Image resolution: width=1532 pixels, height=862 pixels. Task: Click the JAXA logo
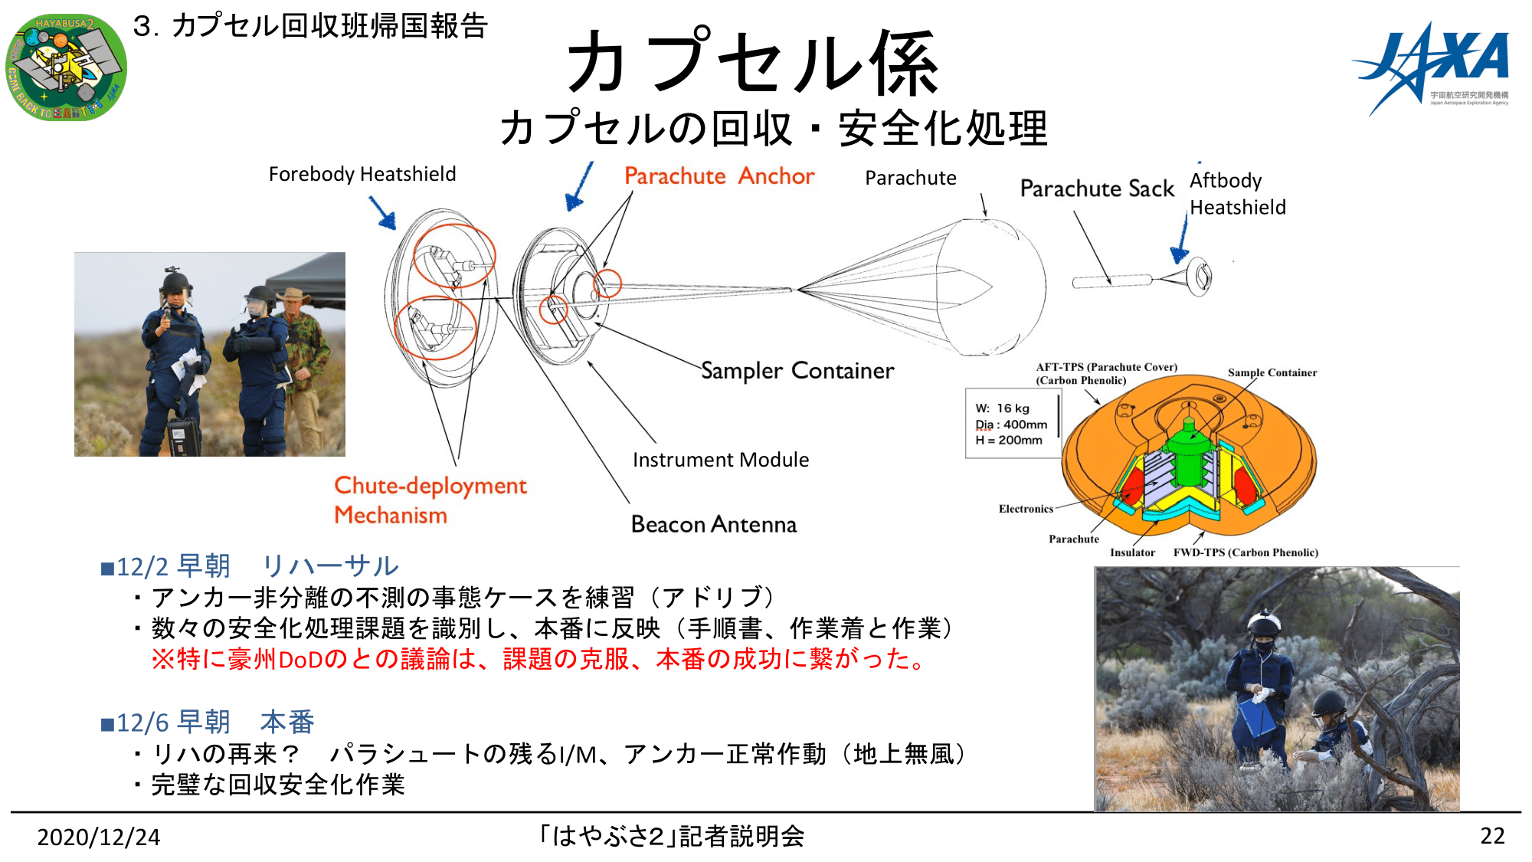click(x=1431, y=69)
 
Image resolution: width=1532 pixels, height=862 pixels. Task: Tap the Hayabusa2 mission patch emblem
click(x=66, y=67)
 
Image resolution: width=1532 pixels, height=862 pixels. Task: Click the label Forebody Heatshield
click(x=362, y=175)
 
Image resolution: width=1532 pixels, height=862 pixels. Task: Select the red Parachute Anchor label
click(x=719, y=176)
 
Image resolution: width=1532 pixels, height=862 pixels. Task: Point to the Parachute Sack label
click(x=1097, y=188)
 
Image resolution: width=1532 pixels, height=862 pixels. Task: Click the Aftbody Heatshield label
click(x=1237, y=194)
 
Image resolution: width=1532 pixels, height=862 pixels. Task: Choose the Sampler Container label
click(x=797, y=371)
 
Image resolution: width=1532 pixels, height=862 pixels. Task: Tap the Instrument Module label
click(x=721, y=460)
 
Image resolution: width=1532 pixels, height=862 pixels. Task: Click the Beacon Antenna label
click(x=714, y=524)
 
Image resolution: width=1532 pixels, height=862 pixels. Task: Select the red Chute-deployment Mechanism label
click(x=430, y=500)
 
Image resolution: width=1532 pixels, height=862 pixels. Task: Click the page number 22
click(x=1492, y=835)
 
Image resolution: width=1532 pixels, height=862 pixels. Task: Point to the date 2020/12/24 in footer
click(x=99, y=837)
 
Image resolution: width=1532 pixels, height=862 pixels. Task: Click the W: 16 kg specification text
click(x=1003, y=408)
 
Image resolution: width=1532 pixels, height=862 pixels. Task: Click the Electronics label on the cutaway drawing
click(x=1026, y=509)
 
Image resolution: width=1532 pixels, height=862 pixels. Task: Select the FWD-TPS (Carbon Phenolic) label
click(x=1246, y=552)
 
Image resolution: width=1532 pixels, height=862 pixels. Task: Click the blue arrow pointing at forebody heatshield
click(x=382, y=212)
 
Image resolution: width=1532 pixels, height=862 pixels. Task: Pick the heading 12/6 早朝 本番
click(x=208, y=723)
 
